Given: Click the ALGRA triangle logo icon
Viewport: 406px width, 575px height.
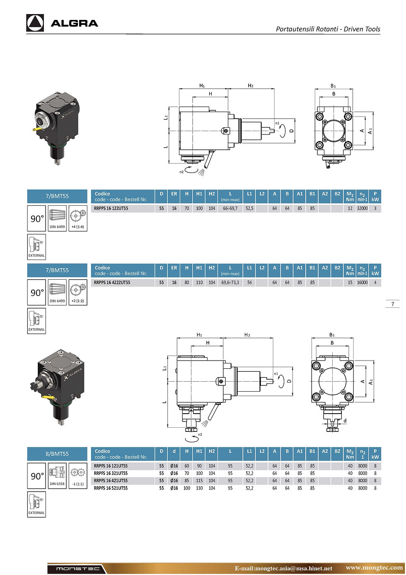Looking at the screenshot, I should (x=35, y=23).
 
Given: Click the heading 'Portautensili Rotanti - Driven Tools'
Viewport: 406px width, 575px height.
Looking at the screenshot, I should (x=328, y=29).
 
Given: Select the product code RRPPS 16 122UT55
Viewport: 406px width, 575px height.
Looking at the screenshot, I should (x=111, y=208).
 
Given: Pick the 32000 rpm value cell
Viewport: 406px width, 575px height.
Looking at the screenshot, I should (x=362, y=208).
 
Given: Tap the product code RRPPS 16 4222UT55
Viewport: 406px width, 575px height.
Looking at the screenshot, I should (x=112, y=283).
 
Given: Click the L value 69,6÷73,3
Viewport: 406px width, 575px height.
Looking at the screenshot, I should (x=230, y=283).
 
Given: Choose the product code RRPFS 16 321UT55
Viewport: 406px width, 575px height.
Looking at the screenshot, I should (x=111, y=473).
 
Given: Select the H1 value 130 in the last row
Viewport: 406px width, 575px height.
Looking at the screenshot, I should (x=199, y=488).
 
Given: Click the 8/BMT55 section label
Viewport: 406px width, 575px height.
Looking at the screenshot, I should (x=57, y=454).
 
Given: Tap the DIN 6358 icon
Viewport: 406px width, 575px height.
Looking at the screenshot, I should (x=57, y=475).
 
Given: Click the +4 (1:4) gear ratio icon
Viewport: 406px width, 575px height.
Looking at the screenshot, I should (x=77, y=218).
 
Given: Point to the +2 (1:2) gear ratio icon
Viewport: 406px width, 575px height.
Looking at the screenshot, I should (x=77, y=292).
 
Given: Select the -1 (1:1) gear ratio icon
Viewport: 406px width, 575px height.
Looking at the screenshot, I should (x=77, y=475).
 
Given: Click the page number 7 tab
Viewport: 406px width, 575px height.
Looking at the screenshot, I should (x=392, y=304).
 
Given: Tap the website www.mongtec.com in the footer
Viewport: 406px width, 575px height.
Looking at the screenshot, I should (x=374, y=568).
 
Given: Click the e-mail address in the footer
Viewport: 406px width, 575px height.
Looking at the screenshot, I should (x=283, y=568).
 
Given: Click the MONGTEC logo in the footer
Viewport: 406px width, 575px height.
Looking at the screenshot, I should (x=77, y=568).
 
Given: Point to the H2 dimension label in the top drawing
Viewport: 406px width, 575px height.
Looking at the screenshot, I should (x=250, y=85).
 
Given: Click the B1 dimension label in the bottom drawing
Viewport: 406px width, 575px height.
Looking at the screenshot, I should (x=332, y=335).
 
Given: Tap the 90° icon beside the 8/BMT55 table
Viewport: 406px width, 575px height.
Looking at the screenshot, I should (x=36, y=475).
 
